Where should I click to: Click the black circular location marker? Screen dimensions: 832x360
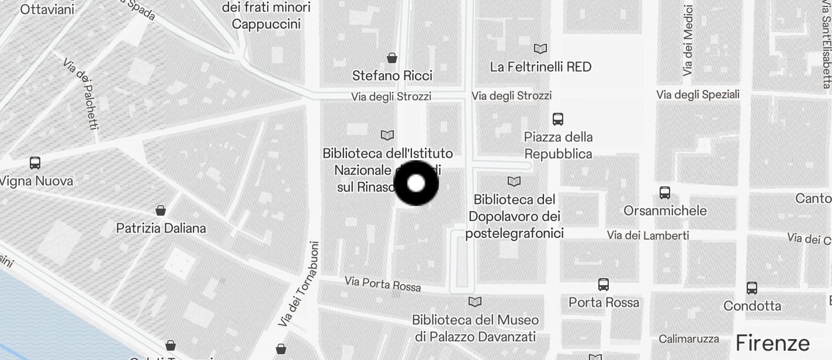416,184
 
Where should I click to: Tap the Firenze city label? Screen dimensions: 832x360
772,342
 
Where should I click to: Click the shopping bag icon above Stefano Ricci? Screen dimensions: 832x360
392,58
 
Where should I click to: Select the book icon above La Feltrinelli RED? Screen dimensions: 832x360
540,49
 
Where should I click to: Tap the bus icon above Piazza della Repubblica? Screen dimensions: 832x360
558,119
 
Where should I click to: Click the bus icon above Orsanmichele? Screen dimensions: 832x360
664,192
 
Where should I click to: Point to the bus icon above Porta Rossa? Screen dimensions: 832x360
604,285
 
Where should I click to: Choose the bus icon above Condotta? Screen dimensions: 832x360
751,288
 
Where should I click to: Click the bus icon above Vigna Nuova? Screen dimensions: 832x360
35,163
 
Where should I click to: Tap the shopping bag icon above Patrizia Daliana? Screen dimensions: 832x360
161,210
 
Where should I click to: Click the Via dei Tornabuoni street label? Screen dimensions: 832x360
299,284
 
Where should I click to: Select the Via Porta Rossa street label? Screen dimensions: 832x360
383,283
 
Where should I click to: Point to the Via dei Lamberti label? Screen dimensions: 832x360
647,236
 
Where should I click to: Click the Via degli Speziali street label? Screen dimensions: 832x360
698,95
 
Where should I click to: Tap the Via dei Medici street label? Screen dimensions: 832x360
688,41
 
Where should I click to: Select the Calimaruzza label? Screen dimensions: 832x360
689,339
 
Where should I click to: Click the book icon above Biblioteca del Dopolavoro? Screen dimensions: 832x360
514,182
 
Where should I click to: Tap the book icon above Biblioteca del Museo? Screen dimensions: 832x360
475,302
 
